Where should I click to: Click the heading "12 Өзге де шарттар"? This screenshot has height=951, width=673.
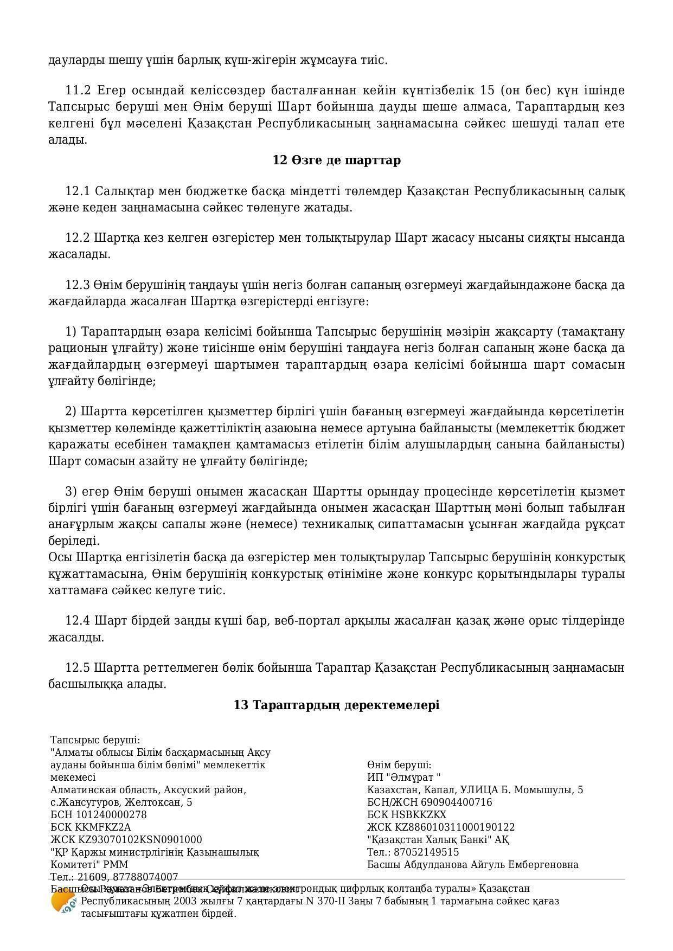(336, 160)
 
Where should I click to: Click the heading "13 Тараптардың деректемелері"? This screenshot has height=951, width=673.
(336, 705)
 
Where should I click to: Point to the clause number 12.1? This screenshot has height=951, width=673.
(77, 191)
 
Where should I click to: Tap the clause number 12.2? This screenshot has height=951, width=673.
(77, 238)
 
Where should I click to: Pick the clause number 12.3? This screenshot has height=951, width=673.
(77, 285)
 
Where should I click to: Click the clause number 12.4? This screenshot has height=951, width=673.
(77, 621)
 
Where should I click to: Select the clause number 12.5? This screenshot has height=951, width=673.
(77, 668)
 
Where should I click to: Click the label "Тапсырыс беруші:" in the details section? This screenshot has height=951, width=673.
(95, 740)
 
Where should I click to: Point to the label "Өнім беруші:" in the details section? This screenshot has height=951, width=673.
(399, 765)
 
